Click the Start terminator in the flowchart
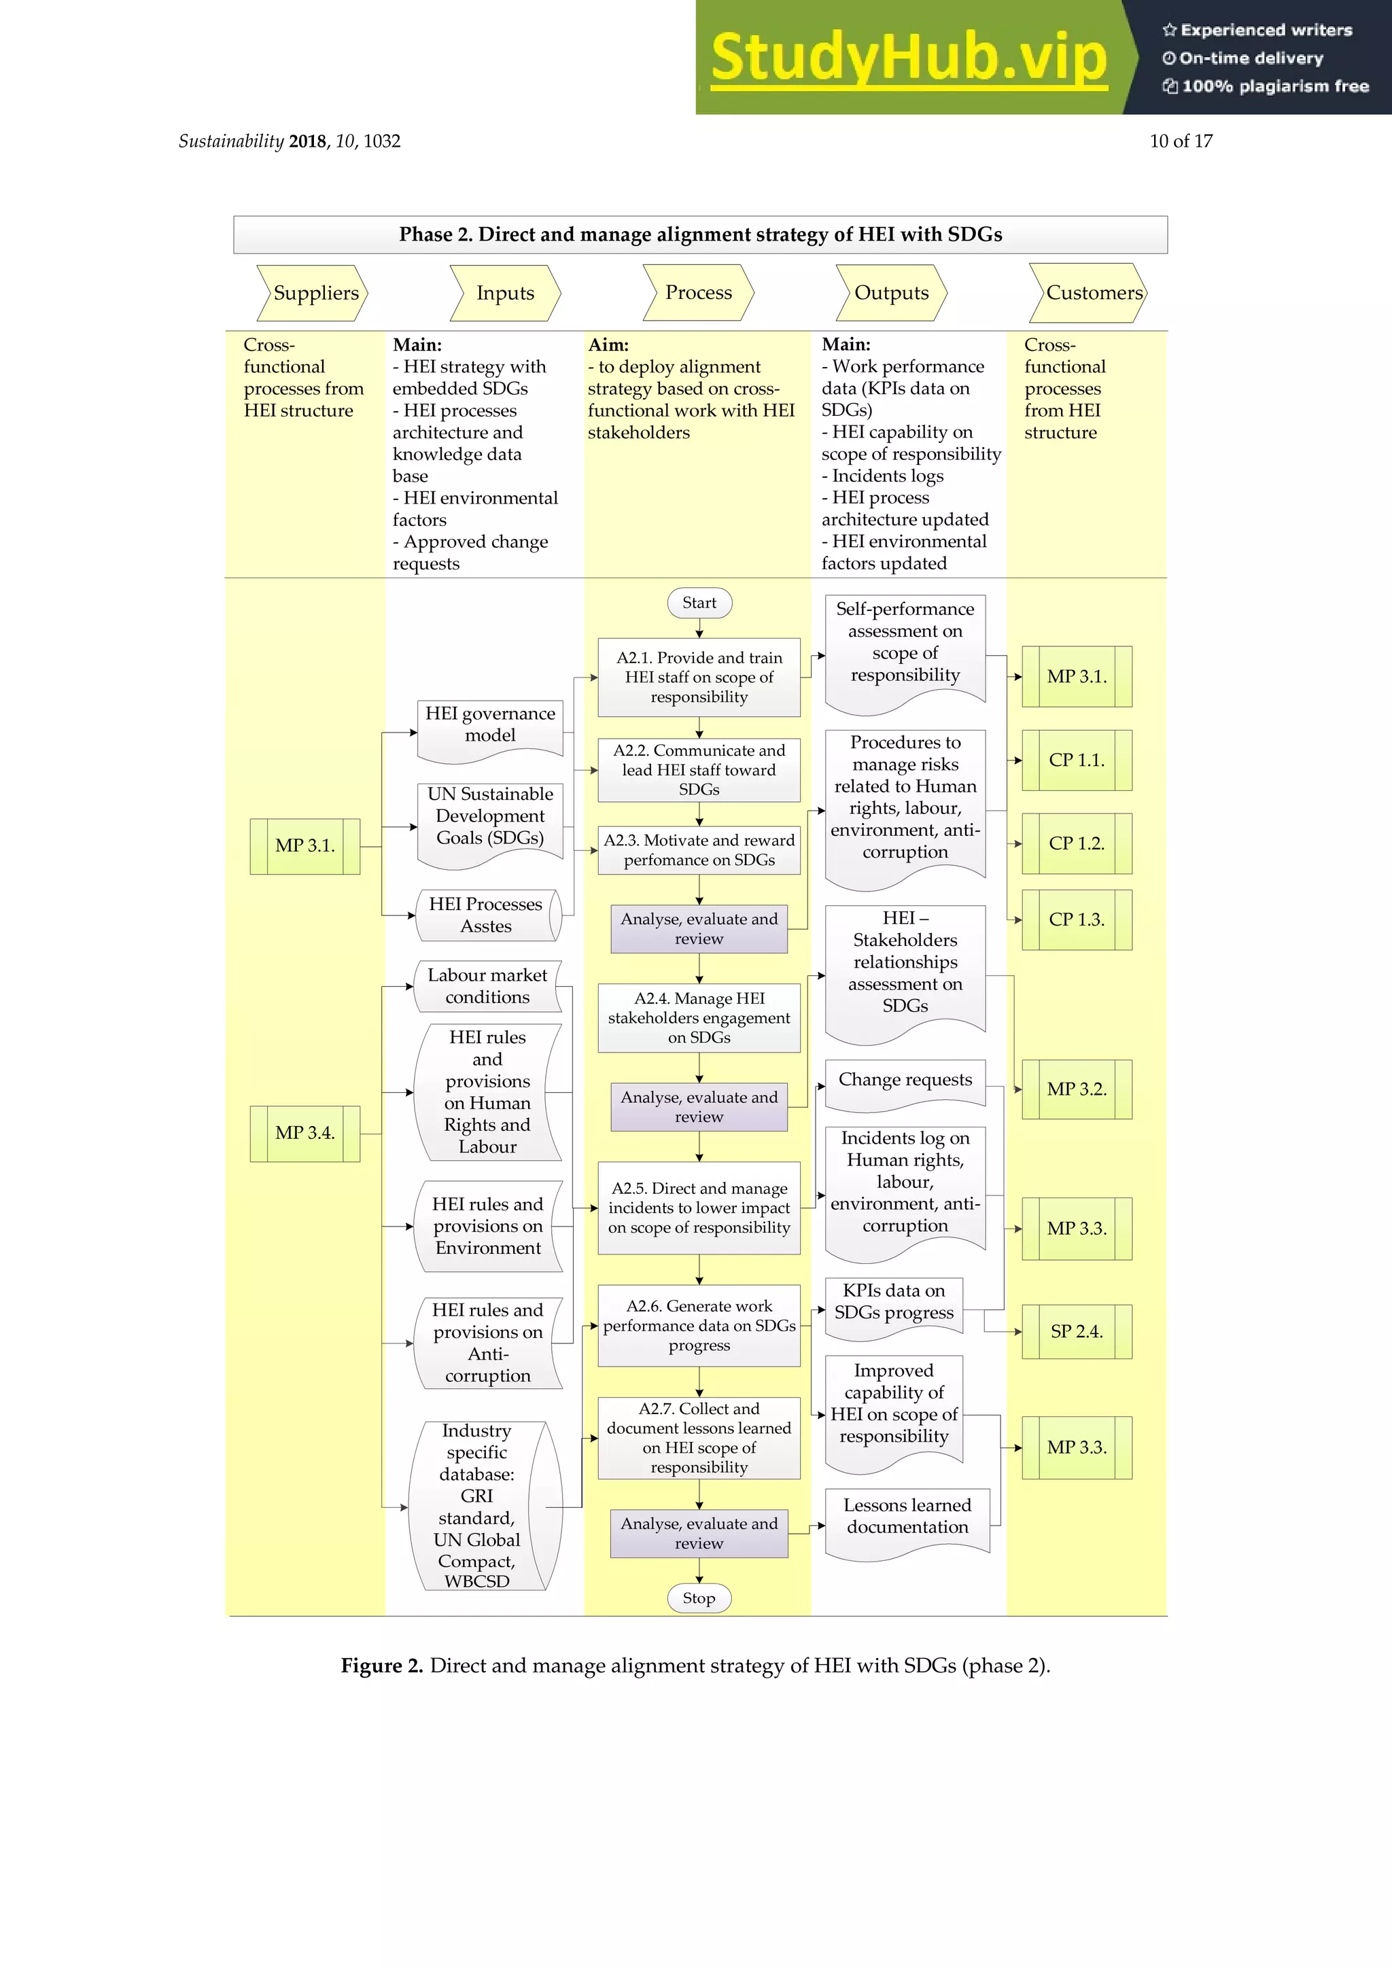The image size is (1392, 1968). pos(699,603)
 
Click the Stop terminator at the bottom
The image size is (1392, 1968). pos(699,1598)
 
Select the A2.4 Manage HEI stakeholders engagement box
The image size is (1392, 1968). pos(699,1017)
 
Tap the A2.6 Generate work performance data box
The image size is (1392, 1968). pos(699,1325)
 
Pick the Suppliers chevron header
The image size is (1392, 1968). pos(314,293)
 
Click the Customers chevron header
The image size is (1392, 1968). pos(1089,293)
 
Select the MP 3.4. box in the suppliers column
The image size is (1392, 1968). pos(304,1133)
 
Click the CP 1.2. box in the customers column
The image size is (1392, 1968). pos(1077,843)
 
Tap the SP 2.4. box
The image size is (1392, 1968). pos(1077,1331)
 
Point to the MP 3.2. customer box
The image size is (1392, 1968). pos(1077,1089)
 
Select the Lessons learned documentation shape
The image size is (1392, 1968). pos(907,1517)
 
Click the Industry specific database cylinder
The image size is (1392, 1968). pos(477,1506)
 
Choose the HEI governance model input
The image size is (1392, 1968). pos(489,725)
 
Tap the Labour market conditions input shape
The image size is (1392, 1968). pos(487,987)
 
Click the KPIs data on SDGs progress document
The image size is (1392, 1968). pos(893,1302)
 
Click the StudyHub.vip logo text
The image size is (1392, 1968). pos(909,58)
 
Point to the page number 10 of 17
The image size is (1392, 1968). pos(1181,141)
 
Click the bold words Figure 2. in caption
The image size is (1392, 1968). pos(381,1666)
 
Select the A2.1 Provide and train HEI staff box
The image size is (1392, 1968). pos(699,677)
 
